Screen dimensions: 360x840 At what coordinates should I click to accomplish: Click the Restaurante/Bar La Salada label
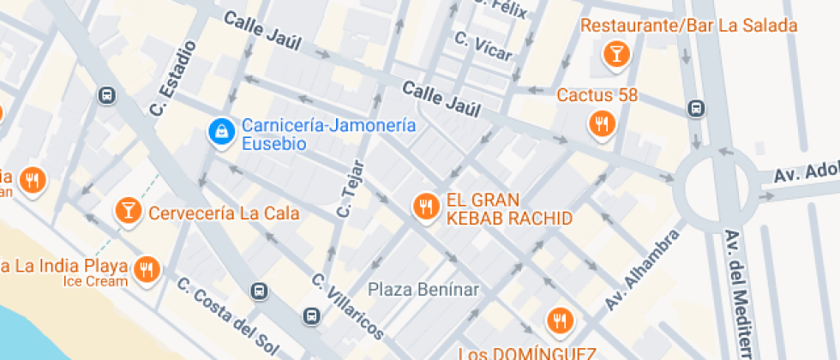click(688, 26)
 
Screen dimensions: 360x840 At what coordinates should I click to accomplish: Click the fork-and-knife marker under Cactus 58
click(603, 124)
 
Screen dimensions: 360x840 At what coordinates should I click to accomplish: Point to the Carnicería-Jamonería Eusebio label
click(329, 135)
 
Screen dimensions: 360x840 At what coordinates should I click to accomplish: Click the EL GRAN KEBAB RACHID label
click(508, 210)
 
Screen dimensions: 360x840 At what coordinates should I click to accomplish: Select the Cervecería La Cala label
click(225, 213)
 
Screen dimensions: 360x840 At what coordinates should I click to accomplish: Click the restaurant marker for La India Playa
click(148, 269)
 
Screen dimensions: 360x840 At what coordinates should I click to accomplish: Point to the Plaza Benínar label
click(424, 289)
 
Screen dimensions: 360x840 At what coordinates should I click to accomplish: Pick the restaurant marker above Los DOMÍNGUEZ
click(561, 321)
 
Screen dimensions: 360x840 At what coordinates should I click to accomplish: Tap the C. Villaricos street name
click(347, 306)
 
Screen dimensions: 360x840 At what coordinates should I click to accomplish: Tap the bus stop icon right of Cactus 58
click(697, 109)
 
